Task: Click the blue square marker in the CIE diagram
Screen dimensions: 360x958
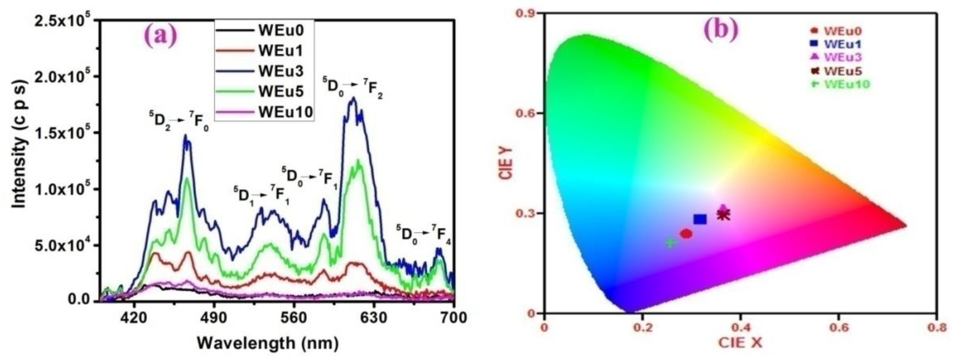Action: point(700,220)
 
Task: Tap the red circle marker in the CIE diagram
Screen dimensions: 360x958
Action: point(686,233)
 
